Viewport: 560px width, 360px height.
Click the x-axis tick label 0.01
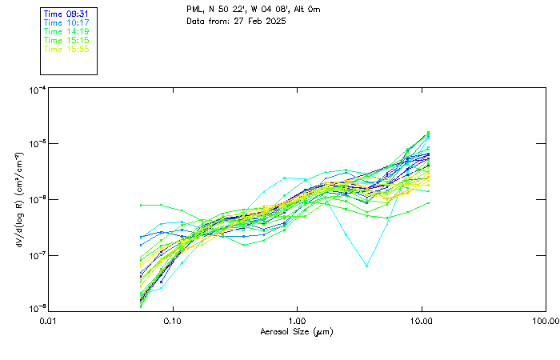click(49, 321)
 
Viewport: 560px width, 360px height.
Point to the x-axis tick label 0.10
click(173, 321)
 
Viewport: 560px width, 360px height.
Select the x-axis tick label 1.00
click(297, 321)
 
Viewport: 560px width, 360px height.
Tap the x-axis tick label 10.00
click(421, 321)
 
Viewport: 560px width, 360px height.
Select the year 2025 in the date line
click(273, 21)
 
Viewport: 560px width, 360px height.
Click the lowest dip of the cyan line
click(367, 266)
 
